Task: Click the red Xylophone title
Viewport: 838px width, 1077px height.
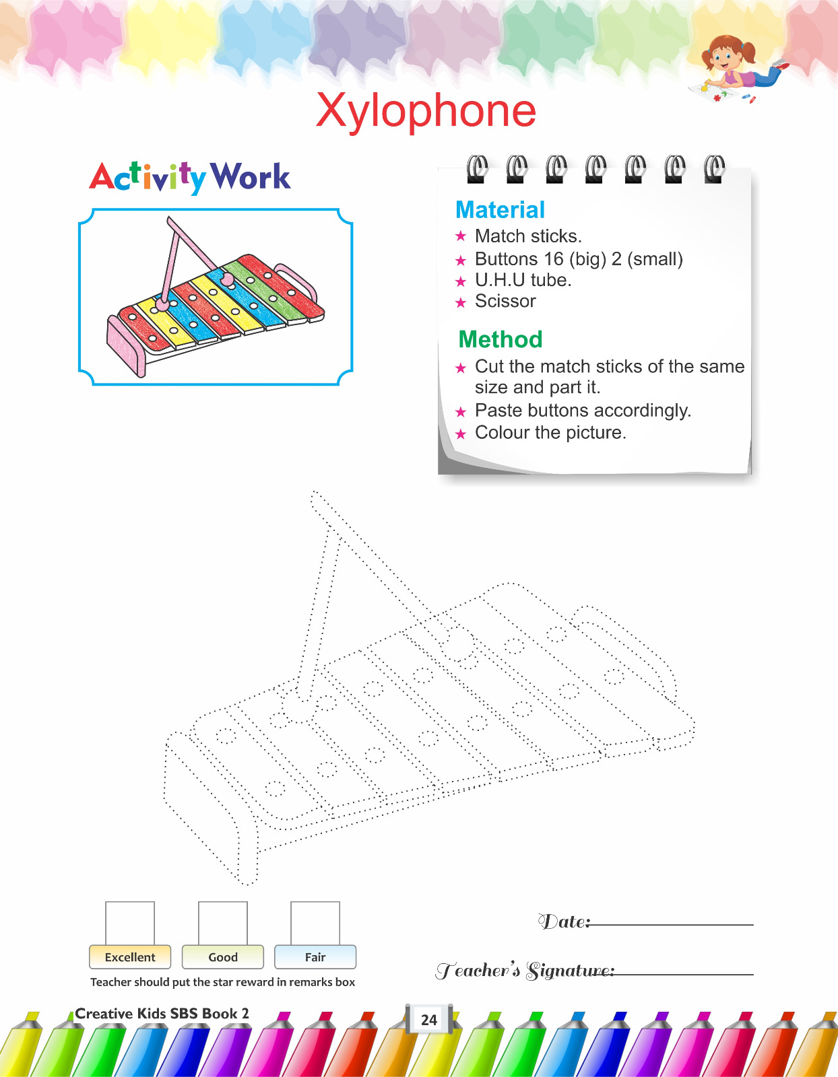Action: coord(426,112)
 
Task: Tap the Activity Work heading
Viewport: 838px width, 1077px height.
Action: coord(190,178)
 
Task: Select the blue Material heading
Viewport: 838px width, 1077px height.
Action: coord(500,209)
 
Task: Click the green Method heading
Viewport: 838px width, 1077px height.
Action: coord(501,339)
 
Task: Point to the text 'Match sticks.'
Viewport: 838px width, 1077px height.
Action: coord(528,236)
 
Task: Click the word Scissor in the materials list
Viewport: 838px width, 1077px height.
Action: coord(505,301)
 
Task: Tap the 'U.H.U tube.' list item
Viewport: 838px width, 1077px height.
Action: coord(523,280)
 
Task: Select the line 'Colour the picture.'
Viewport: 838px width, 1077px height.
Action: coord(550,432)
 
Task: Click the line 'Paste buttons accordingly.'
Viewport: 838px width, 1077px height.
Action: coord(583,411)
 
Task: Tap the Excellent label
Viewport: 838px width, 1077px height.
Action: coord(130,957)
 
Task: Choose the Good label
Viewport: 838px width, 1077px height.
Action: coord(223,957)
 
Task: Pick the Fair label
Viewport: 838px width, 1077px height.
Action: coord(315,957)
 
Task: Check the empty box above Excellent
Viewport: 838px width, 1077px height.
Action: coord(130,924)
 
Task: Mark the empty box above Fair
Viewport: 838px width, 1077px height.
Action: coord(315,924)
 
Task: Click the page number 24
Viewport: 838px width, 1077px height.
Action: coord(429,1020)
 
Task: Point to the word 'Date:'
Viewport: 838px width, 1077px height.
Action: coord(565,922)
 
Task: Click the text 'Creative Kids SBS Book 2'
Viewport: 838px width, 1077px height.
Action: coord(162,1014)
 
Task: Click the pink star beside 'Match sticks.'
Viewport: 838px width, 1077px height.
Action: coord(461,236)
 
